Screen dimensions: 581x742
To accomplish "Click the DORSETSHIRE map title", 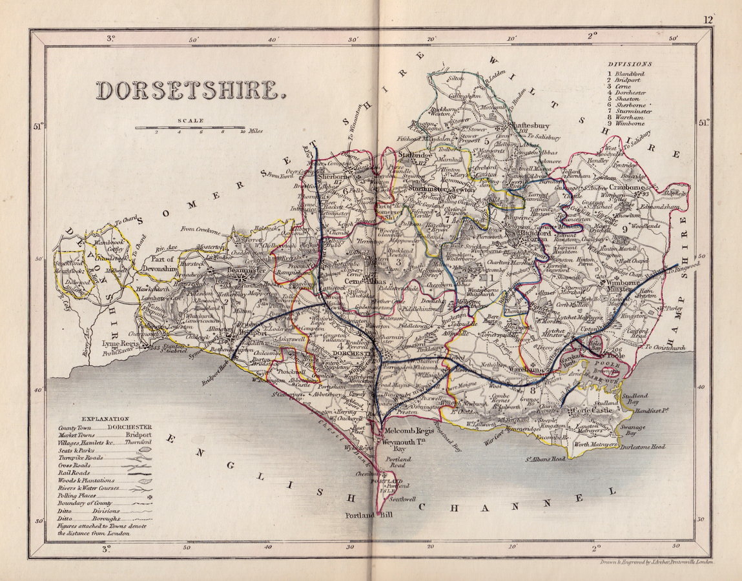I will point(191,91).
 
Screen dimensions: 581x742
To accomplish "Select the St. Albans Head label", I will point(545,458).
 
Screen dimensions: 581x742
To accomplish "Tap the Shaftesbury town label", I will point(522,126).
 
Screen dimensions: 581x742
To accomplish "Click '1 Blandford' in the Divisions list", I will point(628,74).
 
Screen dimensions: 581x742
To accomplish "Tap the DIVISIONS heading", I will point(630,64).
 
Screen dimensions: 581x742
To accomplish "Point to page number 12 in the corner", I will point(708,21).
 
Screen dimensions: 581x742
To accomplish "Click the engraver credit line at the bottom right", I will point(655,562).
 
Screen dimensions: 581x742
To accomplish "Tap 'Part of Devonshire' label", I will point(159,263).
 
